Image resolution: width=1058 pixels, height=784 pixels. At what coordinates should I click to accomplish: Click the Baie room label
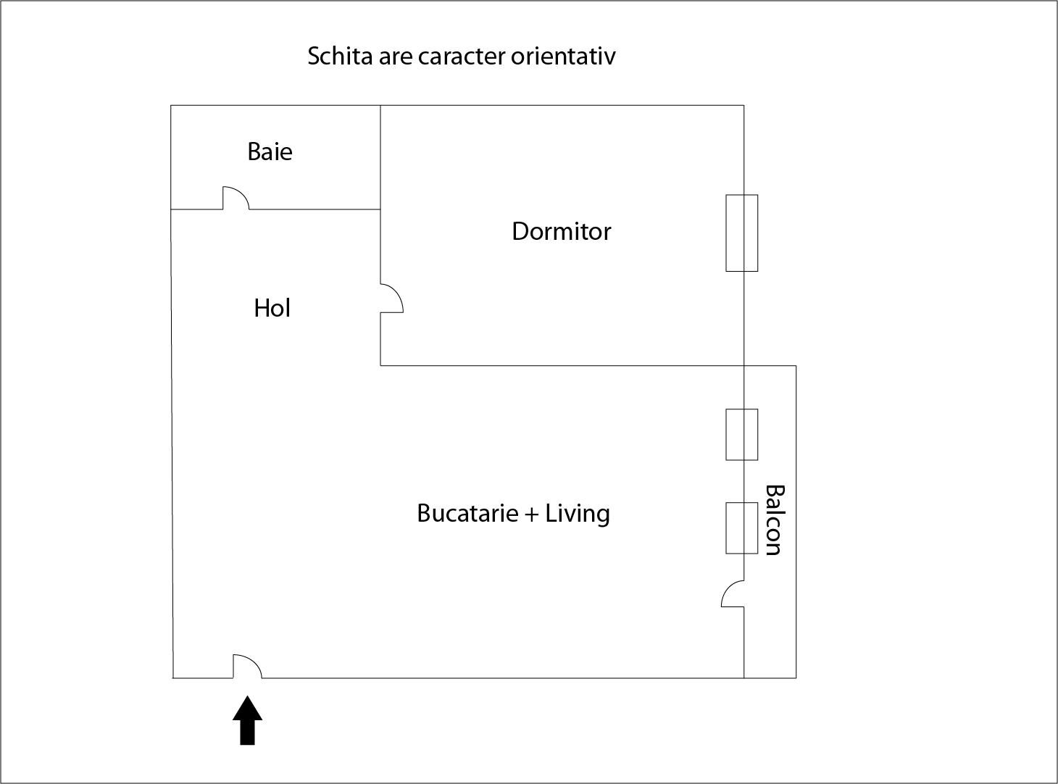(x=270, y=151)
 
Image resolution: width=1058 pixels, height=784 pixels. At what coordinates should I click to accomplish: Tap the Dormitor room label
(x=561, y=231)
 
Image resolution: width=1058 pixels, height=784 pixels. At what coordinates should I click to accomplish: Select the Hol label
(x=272, y=308)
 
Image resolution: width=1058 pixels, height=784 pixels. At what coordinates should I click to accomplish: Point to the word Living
(x=578, y=513)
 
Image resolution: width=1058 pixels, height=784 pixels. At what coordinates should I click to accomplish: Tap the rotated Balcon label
(x=774, y=520)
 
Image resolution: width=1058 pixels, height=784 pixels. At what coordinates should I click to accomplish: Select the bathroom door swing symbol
(x=236, y=198)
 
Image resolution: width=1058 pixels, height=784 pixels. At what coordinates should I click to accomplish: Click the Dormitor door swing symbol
(x=391, y=298)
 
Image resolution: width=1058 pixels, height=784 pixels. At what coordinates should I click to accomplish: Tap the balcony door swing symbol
(x=733, y=593)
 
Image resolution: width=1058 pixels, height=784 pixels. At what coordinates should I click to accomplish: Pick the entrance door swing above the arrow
(x=246, y=667)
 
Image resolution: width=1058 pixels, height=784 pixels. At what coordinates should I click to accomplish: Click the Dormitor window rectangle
(x=742, y=233)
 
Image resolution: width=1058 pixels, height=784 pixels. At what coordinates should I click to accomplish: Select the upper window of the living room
(x=742, y=434)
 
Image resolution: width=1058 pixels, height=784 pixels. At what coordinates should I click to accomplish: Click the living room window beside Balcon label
(x=742, y=527)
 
